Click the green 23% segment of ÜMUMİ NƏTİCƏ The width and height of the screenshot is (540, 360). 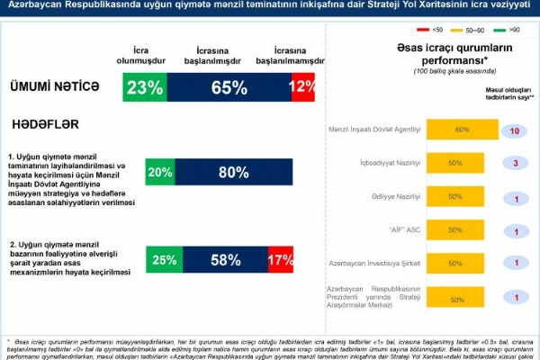click(144, 87)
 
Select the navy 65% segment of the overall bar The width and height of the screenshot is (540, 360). click(228, 87)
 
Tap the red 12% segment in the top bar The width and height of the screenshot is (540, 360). click(301, 87)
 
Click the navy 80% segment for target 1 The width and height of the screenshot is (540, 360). click(232, 172)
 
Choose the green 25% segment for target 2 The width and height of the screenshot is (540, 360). click(164, 260)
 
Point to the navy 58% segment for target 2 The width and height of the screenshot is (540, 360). click(224, 260)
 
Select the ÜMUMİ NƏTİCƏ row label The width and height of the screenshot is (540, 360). click(54, 87)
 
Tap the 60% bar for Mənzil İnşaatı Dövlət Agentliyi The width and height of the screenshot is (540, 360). click(463, 130)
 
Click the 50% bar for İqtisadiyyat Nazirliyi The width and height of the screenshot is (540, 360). click(455, 164)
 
